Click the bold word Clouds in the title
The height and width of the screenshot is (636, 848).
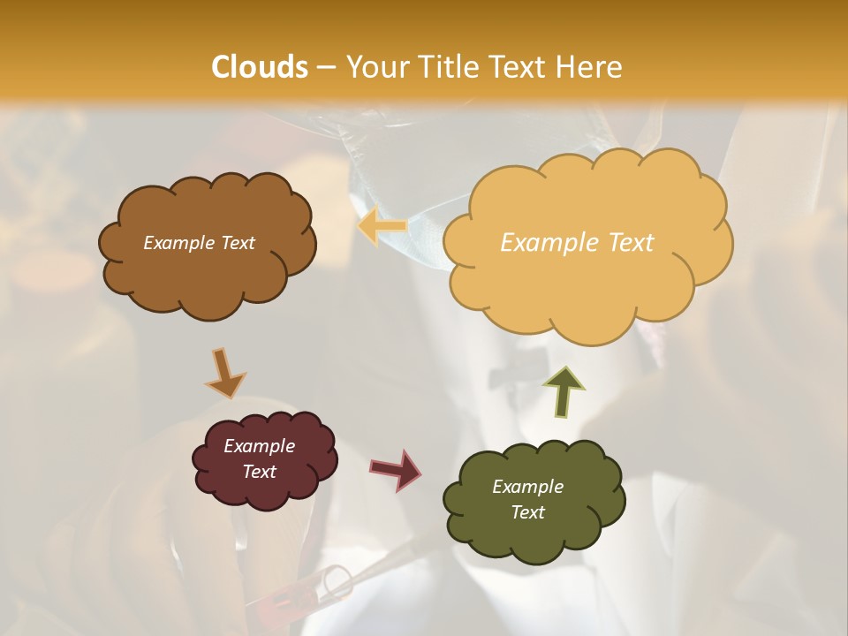[259, 67]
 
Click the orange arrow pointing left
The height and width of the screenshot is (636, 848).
[382, 226]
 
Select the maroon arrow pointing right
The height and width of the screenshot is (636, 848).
[396, 469]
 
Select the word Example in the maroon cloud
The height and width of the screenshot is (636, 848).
[259, 446]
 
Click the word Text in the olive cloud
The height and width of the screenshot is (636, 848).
[527, 512]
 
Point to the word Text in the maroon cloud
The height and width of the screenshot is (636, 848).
[259, 472]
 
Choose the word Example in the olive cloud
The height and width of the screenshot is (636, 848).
[527, 487]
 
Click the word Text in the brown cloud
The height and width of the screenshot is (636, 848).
[237, 243]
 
